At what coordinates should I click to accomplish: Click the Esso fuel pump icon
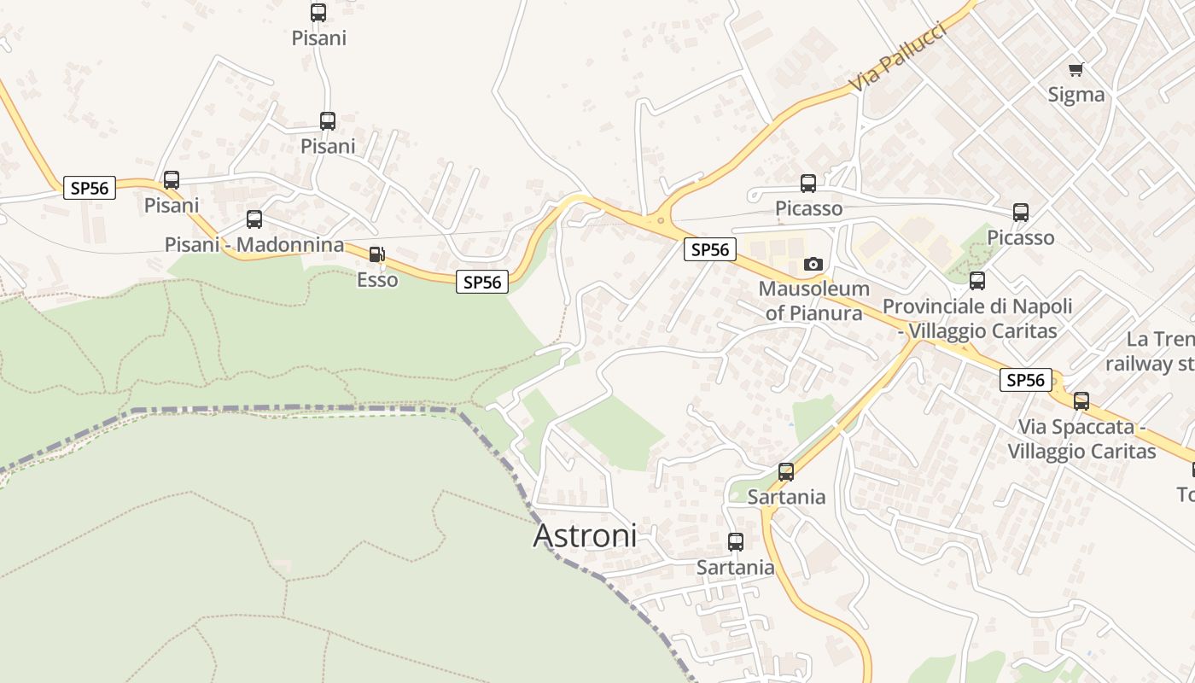click(x=376, y=254)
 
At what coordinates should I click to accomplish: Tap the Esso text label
click(x=377, y=280)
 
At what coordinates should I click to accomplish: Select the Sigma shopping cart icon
click(x=1075, y=69)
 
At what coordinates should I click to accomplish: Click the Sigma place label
click(x=1075, y=95)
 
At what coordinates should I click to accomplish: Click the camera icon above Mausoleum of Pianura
click(x=813, y=264)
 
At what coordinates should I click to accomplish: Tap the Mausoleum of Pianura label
click(x=813, y=301)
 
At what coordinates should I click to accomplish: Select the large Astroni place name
click(x=585, y=535)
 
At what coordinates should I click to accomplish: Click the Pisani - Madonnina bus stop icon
click(x=254, y=219)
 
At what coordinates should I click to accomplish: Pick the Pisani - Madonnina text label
click(x=254, y=245)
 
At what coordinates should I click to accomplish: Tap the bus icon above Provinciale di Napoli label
click(x=977, y=280)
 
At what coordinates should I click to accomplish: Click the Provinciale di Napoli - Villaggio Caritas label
click(x=977, y=318)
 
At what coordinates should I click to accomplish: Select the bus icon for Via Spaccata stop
click(x=1081, y=400)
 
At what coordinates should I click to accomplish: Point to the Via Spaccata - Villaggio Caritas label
click(x=1081, y=439)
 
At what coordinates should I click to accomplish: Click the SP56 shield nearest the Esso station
click(x=482, y=282)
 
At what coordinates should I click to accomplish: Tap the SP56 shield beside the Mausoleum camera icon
click(x=709, y=249)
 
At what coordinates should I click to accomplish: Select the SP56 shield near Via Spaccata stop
click(x=1025, y=381)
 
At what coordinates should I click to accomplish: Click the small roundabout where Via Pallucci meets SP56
click(x=660, y=220)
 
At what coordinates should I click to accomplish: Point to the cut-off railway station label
click(x=1150, y=352)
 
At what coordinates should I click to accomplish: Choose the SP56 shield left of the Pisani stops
click(x=90, y=188)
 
